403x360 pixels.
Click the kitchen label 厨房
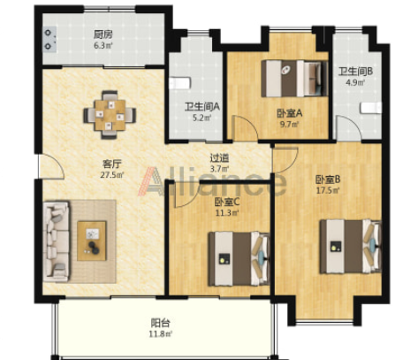(x=103, y=34)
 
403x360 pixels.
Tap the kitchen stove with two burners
(x=49, y=39)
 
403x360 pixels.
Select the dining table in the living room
(x=110, y=115)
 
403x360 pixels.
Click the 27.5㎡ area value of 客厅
(x=112, y=175)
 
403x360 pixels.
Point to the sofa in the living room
(x=57, y=241)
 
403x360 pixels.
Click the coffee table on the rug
(x=92, y=241)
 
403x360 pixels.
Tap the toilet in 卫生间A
(x=179, y=83)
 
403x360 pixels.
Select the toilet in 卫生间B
(x=371, y=108)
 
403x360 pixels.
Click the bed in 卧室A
(x=294, y=79)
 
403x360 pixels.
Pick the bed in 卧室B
(x=351, y=246)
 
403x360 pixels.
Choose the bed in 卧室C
(x=239, y=258)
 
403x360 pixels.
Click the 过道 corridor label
(x=219, y=158)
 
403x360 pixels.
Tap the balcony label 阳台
(x=160, y=323)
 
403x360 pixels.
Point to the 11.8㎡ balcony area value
(x=160, y=334)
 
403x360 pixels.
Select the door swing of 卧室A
(x=245, y=127)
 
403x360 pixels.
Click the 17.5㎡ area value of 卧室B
(x=328, y=190)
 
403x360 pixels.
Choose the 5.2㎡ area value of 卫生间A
(x=202, y=118)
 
